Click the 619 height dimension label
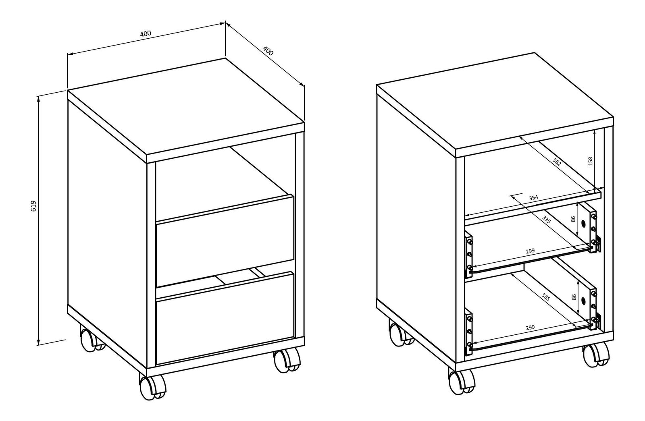[33, 206]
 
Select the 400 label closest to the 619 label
[146, 34]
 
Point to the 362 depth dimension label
[557, 162]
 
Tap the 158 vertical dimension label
[590, 161]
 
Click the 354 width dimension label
[534, 198]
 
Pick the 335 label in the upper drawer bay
[546, 220]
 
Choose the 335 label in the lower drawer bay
[545, 297]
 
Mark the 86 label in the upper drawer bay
[573, 219]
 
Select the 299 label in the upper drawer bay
[530, 251]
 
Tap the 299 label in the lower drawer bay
[530, 327]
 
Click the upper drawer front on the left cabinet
[225, 241]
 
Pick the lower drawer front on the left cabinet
[225, 319]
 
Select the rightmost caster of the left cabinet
[287, 361]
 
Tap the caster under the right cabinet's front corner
[461, 381]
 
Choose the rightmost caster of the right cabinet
[596, 356]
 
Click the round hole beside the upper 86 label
[584, 223]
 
